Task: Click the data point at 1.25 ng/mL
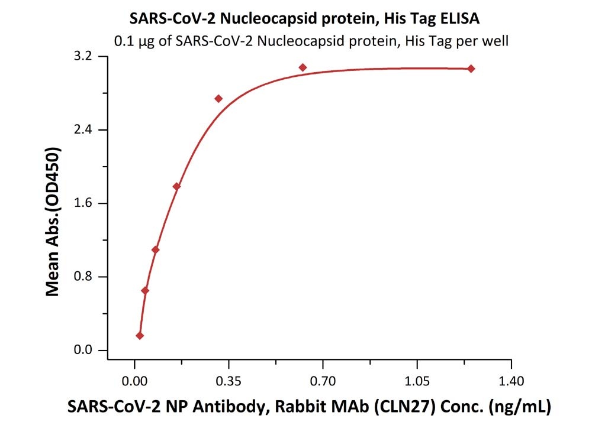pos(471,69)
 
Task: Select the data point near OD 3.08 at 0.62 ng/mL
pos(303,67)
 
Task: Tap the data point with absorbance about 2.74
pos(218,99)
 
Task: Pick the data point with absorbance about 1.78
pos(176,187)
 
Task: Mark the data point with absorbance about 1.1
pos(156,249)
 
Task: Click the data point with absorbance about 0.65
pos(145,290)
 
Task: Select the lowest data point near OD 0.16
pos(140,336)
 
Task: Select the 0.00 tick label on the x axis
pos(135,378)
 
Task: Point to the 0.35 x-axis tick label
pos(229,378)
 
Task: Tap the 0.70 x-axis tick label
pos(323,378)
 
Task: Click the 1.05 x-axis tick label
pos(417,378)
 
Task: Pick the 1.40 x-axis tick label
pos(511,378)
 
